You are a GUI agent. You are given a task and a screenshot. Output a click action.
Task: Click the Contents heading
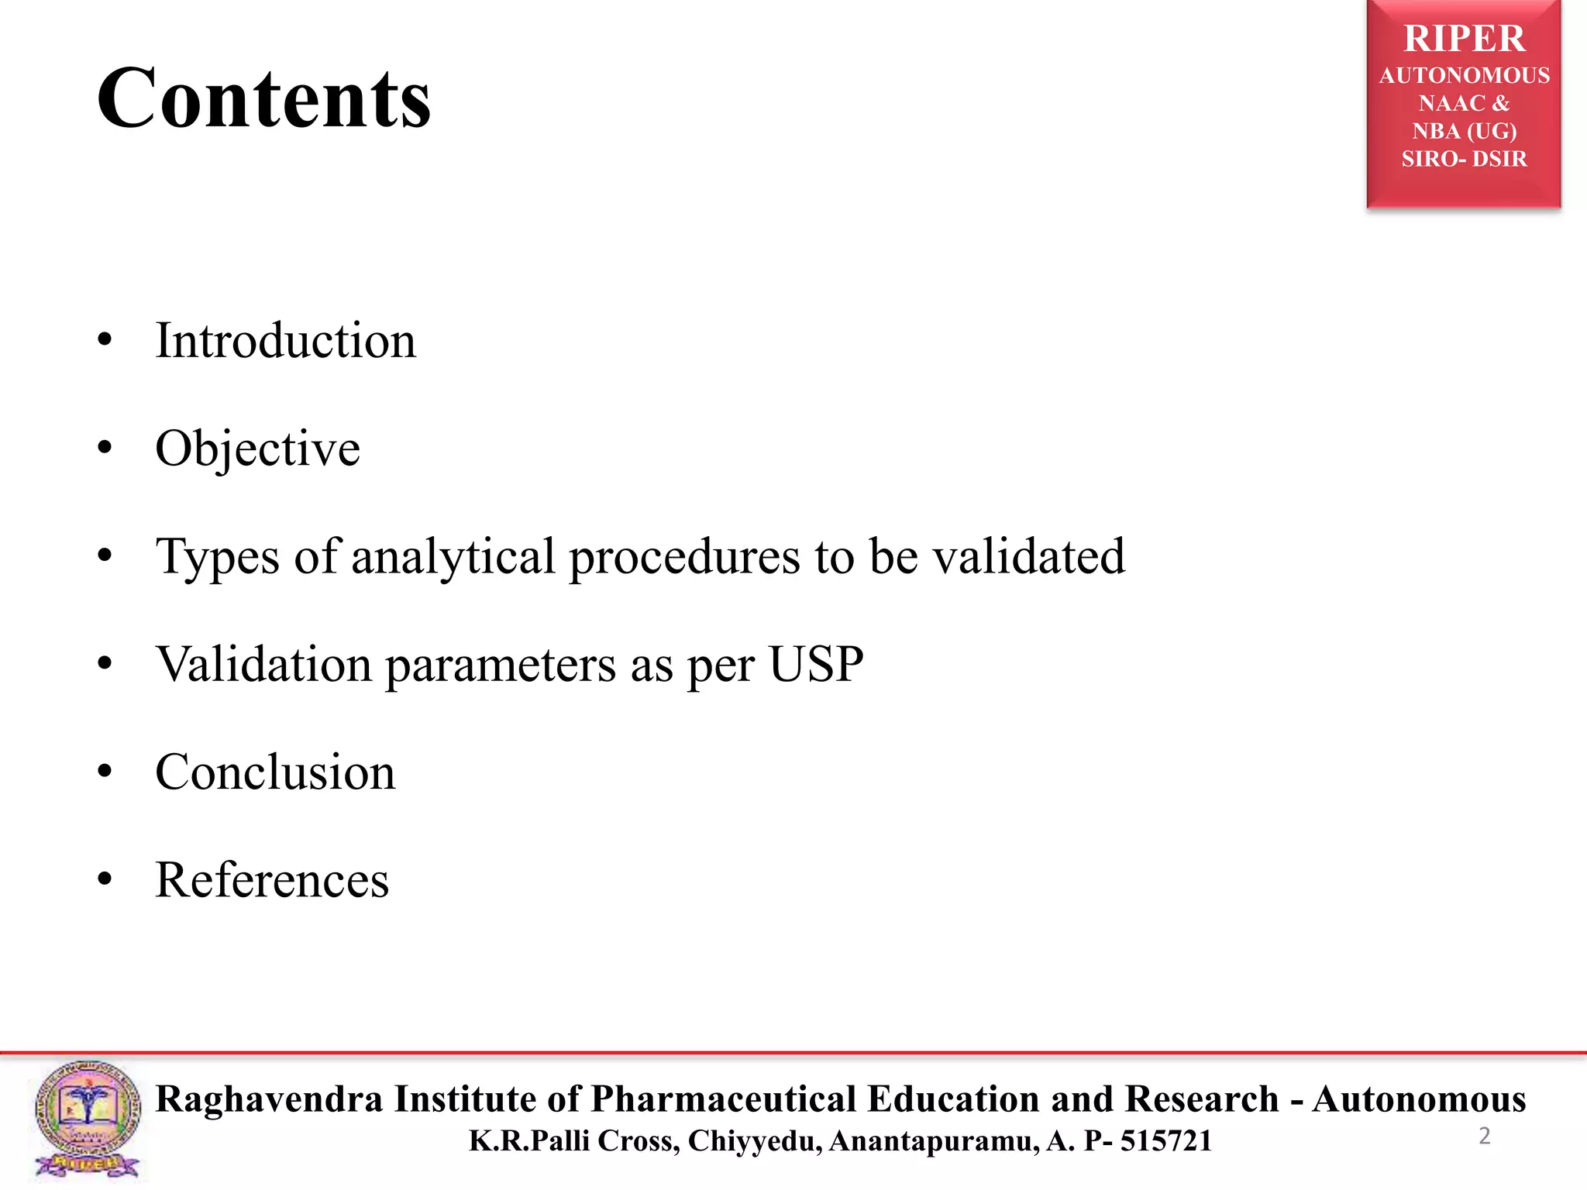click(263, 98)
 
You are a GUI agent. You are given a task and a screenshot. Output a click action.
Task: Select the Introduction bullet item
click(285, 340)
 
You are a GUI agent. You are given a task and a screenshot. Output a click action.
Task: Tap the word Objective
click(257, 448)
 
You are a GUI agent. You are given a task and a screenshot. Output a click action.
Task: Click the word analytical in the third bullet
click(453, 556)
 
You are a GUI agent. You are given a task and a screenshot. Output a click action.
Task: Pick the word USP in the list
click(816, 664)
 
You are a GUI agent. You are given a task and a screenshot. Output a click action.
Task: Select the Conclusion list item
click(275, 772)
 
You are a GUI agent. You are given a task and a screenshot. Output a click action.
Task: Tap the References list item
click(272, 879)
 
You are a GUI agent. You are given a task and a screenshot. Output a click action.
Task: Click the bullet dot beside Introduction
click(105, 340)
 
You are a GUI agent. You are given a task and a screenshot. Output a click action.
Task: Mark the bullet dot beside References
click(105, 879)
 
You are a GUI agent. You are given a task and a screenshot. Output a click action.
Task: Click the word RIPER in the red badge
click(1464, 39)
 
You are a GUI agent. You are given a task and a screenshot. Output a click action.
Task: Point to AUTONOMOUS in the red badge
click(1464, 75)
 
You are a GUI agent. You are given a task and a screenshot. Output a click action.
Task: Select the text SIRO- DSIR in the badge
click(1464, 159)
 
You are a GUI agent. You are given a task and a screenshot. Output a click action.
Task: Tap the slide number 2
click(1484, 1136)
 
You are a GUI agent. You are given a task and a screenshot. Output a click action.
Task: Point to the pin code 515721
click(1165, 1140)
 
